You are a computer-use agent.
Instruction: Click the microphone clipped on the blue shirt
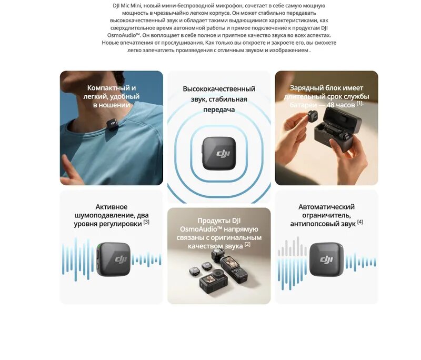click(x=112, y=124)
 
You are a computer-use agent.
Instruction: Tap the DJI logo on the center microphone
click(x=219, y=154)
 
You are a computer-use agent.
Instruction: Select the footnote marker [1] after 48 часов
click(x=360, y=103)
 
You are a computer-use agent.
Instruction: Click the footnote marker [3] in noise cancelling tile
click(x=146, y=222)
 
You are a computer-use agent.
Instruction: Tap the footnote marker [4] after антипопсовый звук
click(x=360, y=222)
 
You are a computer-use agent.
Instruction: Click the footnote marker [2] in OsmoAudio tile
click(x=247, y=244)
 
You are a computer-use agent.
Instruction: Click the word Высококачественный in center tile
click(x=219, y=89)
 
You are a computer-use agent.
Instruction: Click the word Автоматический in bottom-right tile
click(x=326, y=207)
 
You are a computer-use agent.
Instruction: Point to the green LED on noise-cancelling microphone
click(x=98, y=247)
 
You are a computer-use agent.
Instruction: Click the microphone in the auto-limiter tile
click(x=326, y=259)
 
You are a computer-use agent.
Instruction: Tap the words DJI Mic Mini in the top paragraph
click(x=124, y=5)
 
